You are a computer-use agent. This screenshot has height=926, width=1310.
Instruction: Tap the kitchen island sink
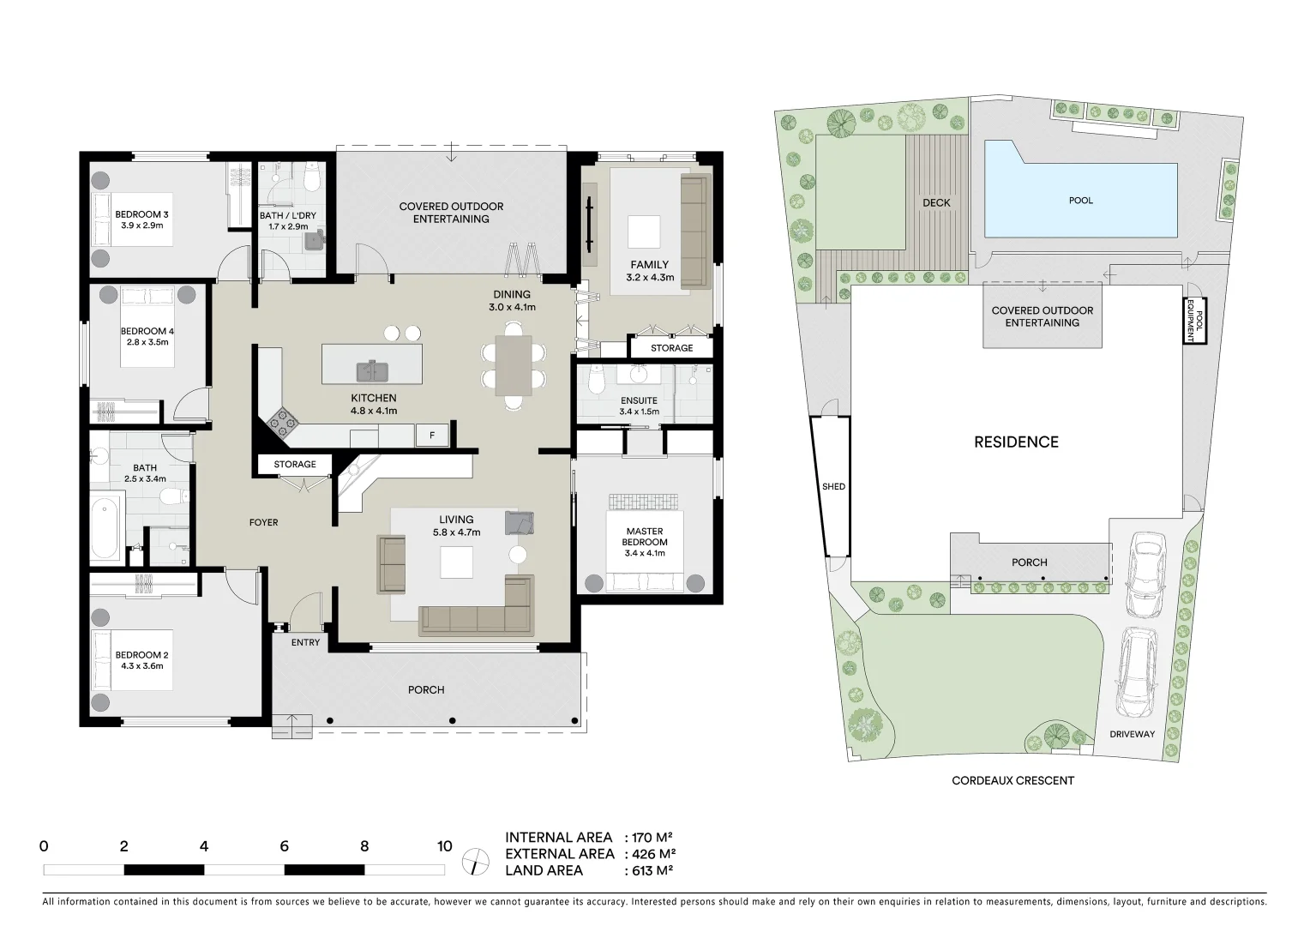[x=372, y=371]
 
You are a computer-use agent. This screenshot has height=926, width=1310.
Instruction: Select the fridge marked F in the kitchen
[x=432, y=436]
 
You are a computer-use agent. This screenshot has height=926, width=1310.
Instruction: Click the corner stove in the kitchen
[x=282, y=422]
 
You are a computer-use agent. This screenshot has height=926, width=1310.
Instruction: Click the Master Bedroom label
[x=644, y=537]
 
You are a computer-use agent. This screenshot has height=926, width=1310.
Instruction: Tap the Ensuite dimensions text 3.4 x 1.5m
[x=639, y=412]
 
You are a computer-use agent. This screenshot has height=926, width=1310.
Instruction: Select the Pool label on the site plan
[x=1080, y=201]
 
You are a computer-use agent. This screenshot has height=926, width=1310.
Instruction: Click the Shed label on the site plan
[x=833, y=486]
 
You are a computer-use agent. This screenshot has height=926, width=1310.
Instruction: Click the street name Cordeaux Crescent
[x=1013, y=780]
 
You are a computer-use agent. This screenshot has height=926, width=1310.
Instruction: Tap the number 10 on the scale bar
[x=444, y=846]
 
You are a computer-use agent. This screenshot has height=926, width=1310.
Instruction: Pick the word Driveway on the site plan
[x=1132, y=734]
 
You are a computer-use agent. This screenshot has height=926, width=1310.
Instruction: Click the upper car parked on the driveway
[x=1145, y=574]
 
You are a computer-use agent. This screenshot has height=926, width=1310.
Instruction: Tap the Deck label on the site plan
[x=936, y=203]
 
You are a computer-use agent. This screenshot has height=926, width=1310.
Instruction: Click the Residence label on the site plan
[x=1016, y=442]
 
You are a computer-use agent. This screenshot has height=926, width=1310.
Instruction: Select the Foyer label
[x=263, y=522]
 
